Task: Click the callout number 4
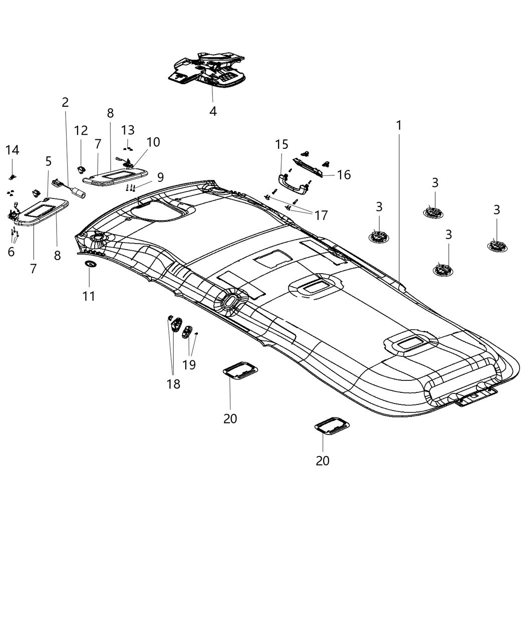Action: click(x=213, y=111)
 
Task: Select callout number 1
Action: click(x=399, y=126)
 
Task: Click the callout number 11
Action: click(x=89, y=296)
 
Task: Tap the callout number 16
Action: click(x=344, y=175)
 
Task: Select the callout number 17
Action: click(x=321, y=215)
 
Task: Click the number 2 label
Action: click(x=65, y=103)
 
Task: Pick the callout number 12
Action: click(x=81, y=131)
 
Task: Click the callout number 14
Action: click(x=12, y=150)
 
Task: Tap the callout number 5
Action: click(x=48, y=161)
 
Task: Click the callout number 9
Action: click(x=160, y=177)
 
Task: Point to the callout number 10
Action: click(x=153, y=142)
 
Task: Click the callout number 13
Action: click(x=128, y=130)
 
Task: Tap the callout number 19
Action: click(x=189, y=364)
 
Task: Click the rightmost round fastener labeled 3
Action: click(x=497, y=246)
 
